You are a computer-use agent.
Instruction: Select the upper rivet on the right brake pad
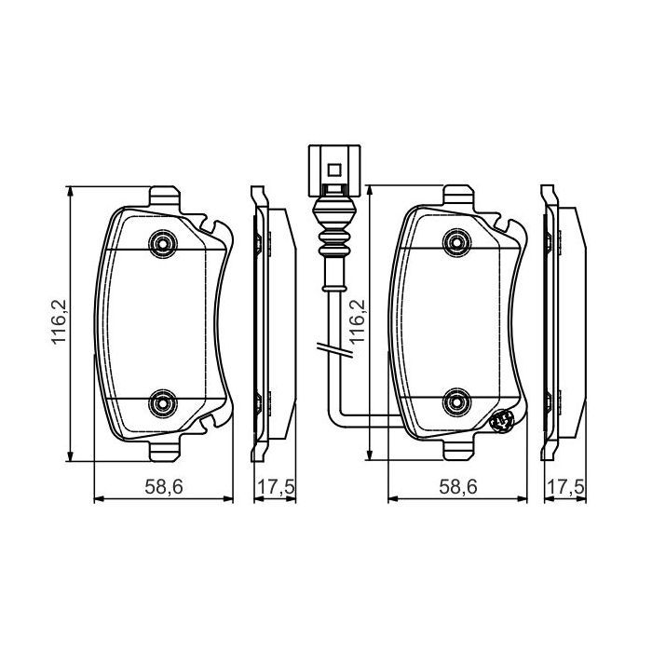456,245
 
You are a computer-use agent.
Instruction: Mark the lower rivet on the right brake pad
456,402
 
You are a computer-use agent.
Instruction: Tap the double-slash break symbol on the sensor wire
332,350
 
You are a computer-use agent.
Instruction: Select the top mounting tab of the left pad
164,198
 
